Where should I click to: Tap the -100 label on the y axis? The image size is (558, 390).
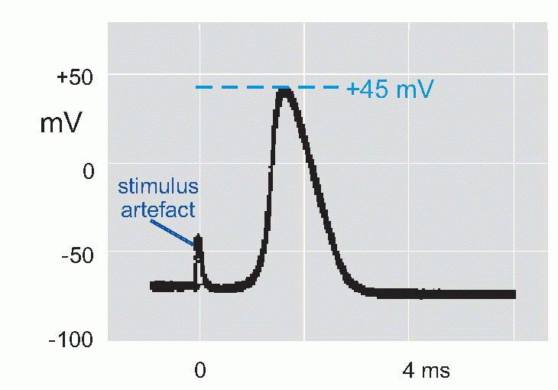[71, 341]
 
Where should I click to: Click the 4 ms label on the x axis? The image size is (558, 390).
[426, 372]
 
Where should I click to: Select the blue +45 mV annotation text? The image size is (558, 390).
[390, 89]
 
